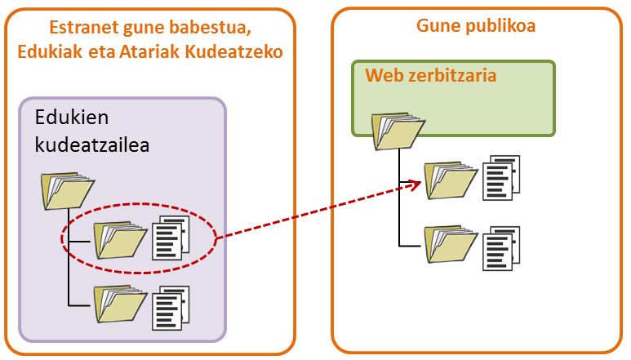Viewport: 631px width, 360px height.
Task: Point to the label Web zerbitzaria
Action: [430, 76]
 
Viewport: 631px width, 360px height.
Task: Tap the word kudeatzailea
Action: [102, 144]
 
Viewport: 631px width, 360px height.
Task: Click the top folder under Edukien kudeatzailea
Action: [67, 189]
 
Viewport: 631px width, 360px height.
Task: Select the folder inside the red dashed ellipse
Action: [119, 238]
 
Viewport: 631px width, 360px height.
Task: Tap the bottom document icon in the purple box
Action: [171, 306]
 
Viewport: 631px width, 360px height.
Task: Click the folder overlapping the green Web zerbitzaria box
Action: [398, 129]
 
